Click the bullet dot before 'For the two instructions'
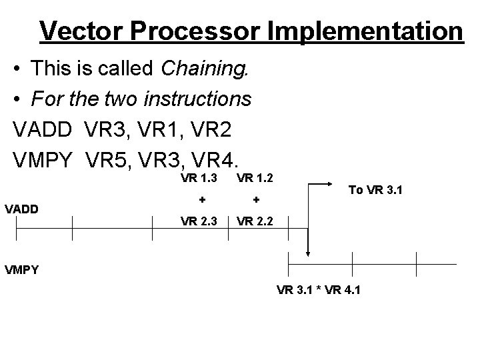[x=20, y=99]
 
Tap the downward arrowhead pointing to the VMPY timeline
[x=307, y=252]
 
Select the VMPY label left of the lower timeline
[x=22, y=270]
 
